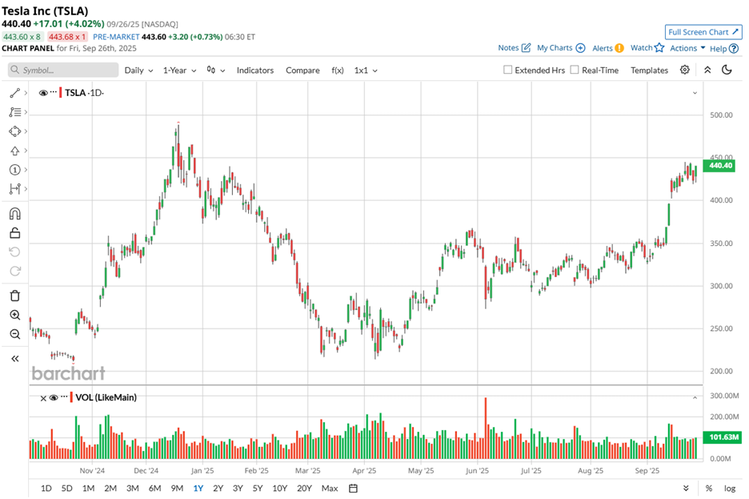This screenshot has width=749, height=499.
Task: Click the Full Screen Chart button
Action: pos(703,32)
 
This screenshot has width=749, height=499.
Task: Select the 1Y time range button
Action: pos(198,488)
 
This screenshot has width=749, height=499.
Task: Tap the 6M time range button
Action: pos(154,488)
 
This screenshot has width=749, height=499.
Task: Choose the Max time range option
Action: pos(329,488)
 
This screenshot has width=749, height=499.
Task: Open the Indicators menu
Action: pos(254,70)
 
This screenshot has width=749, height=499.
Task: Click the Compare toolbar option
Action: pos(302,70)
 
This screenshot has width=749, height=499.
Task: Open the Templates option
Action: pos(649,70)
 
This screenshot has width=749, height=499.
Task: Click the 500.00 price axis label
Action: pos(721,115)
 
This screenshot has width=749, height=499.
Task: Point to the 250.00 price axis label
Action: pos(721,328)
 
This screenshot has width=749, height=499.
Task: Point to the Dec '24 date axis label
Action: pos(146,472)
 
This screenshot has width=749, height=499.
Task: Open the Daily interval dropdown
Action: pos(138,70)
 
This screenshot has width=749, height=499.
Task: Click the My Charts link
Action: pos(560,48)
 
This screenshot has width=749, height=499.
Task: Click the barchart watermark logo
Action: pos(68,373)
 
